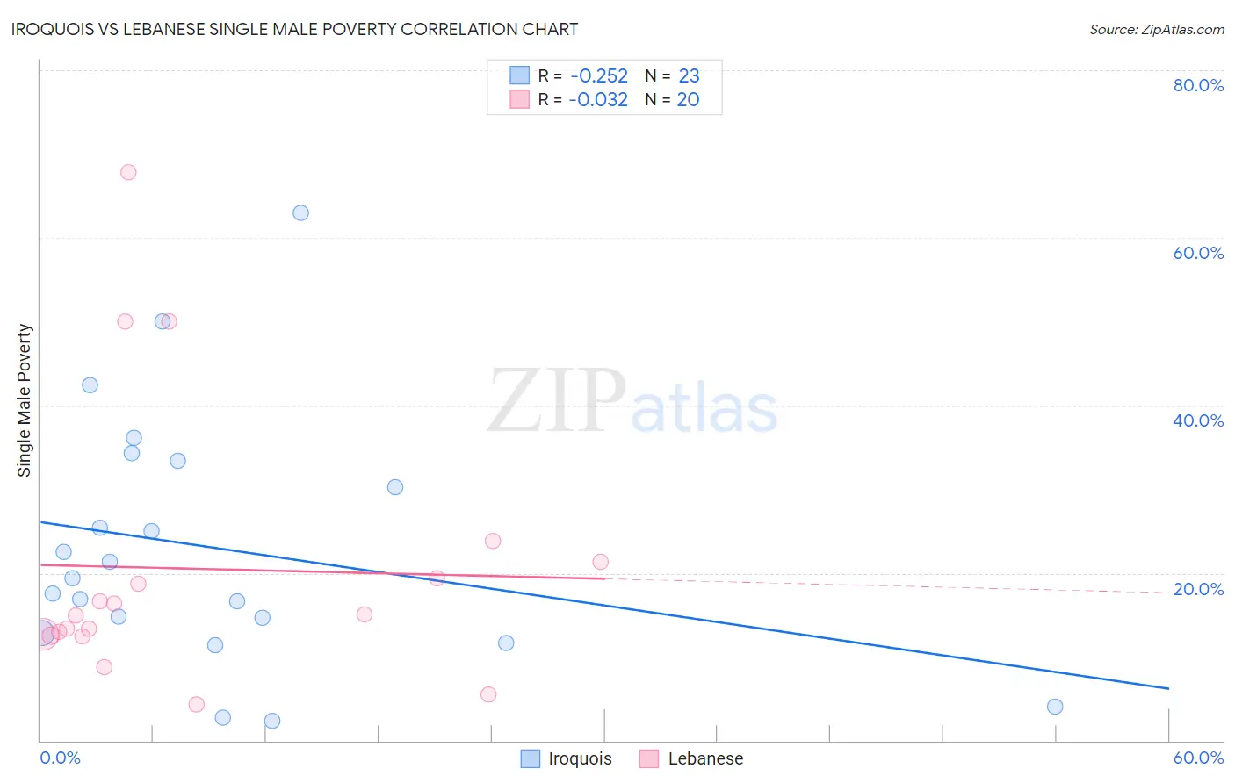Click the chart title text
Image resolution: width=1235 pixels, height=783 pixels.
tap(294, 29)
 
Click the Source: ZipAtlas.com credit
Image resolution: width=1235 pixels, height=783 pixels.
tap(1156, 30)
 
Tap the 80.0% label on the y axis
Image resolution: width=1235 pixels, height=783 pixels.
tap(1198, 85)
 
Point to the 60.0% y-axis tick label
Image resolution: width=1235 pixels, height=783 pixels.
tap(1198, 253)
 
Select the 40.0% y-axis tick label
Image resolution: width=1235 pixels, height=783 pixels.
tap(1198, 420)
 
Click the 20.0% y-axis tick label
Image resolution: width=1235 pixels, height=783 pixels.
tap(1198, 589)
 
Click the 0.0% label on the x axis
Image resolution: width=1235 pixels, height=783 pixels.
tap(60, 758)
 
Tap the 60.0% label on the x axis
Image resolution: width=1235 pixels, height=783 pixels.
tap(1198, 758)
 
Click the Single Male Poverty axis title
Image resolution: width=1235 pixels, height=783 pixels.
tap(25, 400)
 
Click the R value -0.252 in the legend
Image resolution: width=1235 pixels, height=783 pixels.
tap(599, 76)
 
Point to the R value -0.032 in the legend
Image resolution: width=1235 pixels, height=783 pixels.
tap(598, 100)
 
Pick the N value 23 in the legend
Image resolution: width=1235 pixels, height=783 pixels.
tap(689, 76)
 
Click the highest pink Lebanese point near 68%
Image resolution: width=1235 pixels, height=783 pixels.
tap(128, 172)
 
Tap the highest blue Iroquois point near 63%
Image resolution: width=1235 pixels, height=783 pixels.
tap(300, 212)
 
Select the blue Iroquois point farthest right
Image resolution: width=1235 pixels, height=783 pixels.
tap(1055, 707)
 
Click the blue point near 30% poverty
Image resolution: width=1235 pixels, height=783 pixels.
tap(395, 487)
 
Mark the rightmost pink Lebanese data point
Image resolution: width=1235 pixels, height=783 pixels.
tap(600, 562)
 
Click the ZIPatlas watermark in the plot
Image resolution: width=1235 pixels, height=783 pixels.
tap(632, 401)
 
